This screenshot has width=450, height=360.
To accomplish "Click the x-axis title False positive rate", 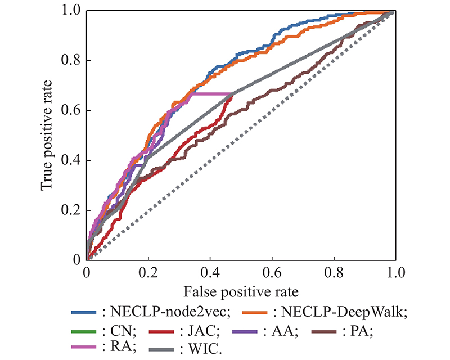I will pyautogui.click(x=241, y=291).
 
